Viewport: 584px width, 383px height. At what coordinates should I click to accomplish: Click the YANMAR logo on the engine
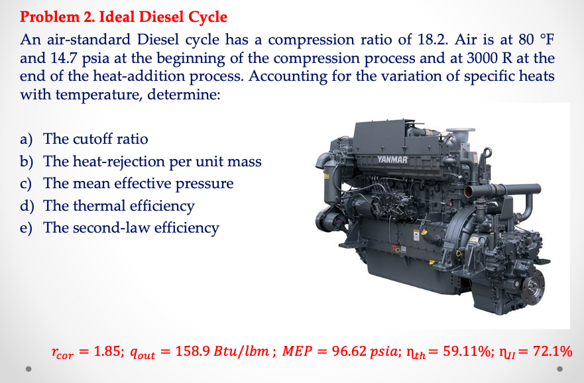click(x=393, y=160)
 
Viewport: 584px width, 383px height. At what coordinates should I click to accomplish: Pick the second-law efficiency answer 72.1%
click(x=552, y=351)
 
